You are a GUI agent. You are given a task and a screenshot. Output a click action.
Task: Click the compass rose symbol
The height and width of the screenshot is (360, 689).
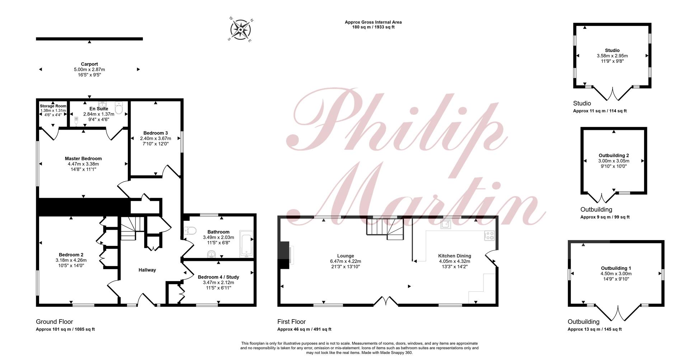[x=240, y=29]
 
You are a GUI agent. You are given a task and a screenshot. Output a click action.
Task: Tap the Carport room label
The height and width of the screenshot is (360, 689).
[x=89, y=64]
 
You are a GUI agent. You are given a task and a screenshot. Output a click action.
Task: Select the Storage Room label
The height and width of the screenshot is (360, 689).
[x=53, y=106]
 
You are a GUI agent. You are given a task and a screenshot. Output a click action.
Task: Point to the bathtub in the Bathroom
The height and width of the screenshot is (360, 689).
[x=246, y=244]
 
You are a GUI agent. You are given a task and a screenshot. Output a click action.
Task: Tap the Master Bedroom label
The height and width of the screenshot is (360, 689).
[x=83, y=158]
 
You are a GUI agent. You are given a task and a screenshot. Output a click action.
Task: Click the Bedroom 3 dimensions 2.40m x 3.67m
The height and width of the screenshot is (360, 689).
[x=155, y=138]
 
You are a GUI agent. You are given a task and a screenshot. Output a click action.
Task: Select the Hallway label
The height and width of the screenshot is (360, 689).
[x=147, y=270]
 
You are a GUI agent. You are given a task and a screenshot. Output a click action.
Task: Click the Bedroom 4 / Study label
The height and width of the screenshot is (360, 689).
[x=218, y=277]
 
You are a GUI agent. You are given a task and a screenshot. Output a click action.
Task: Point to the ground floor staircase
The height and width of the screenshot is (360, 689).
[x=128, y=228]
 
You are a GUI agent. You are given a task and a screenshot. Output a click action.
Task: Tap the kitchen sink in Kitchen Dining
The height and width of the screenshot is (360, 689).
[x=446, y=224]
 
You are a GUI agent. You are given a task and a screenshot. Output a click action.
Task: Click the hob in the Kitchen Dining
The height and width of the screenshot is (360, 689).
[x=489, y=235]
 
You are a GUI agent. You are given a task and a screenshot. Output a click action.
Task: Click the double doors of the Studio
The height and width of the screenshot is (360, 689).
[x=612, y=94]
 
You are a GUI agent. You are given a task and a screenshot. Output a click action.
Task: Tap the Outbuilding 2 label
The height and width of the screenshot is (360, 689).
[x=614, y=155]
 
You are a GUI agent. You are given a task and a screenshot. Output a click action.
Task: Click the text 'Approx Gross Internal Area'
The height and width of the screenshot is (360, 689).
[x=373, y=22]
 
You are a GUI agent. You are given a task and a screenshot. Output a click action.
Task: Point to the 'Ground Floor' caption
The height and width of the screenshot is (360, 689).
[x=55, y=322]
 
